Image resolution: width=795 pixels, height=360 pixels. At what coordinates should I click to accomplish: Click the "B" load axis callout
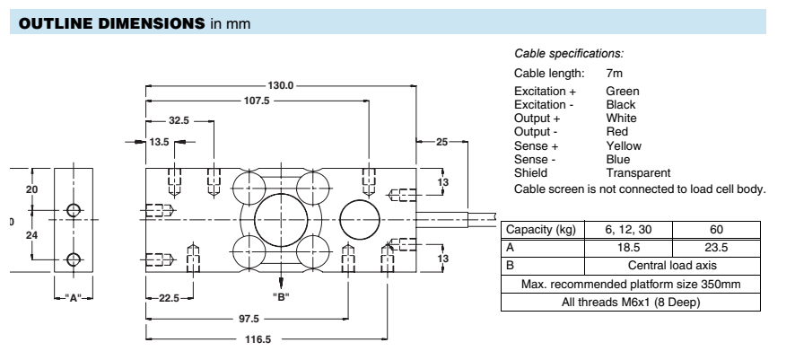pyautogui.click(x=281, y=295)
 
